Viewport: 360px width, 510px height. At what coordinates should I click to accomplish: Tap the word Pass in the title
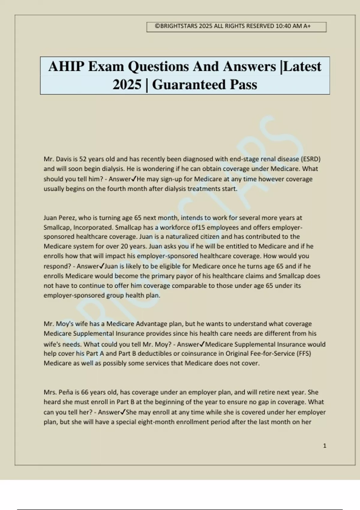tap(244, 85)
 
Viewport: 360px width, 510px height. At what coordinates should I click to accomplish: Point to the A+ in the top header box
tap(307, 26)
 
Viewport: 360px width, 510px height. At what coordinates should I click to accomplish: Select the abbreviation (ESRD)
tap(310, 159)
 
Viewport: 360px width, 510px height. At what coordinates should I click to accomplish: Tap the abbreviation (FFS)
tap(304, 353)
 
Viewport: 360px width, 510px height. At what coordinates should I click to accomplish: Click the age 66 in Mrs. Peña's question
tap(84, 392)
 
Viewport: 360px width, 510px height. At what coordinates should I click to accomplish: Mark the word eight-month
tap(156, 422)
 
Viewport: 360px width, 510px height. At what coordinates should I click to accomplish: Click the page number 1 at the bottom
tap(325, 446)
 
